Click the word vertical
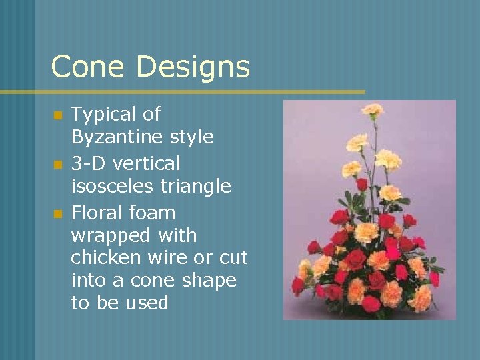pyautogui.click(x=147, y=163)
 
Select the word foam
pyautogui.click(x=153, y=213)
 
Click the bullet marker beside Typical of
pyautogui.click(x=57, y=115)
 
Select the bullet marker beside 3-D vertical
pyautogui.click(x=57, y=164)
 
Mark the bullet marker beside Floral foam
pyautogui.click(x=57, y=214)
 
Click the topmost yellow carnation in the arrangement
pyautogui.click(x=373, y=109)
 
